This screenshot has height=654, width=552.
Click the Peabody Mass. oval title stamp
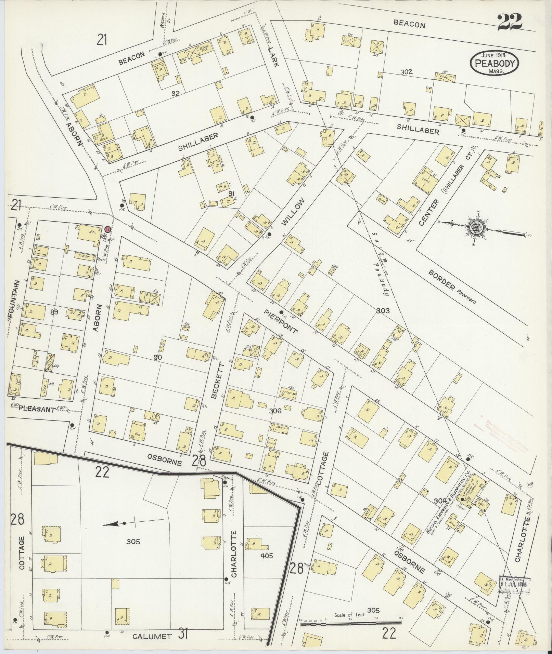point(494,63)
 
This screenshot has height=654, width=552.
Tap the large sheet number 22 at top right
point(510,22)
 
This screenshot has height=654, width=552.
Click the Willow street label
point(293,213)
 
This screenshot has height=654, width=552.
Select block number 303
point(383,310)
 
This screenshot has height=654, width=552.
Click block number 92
point(176,93)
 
